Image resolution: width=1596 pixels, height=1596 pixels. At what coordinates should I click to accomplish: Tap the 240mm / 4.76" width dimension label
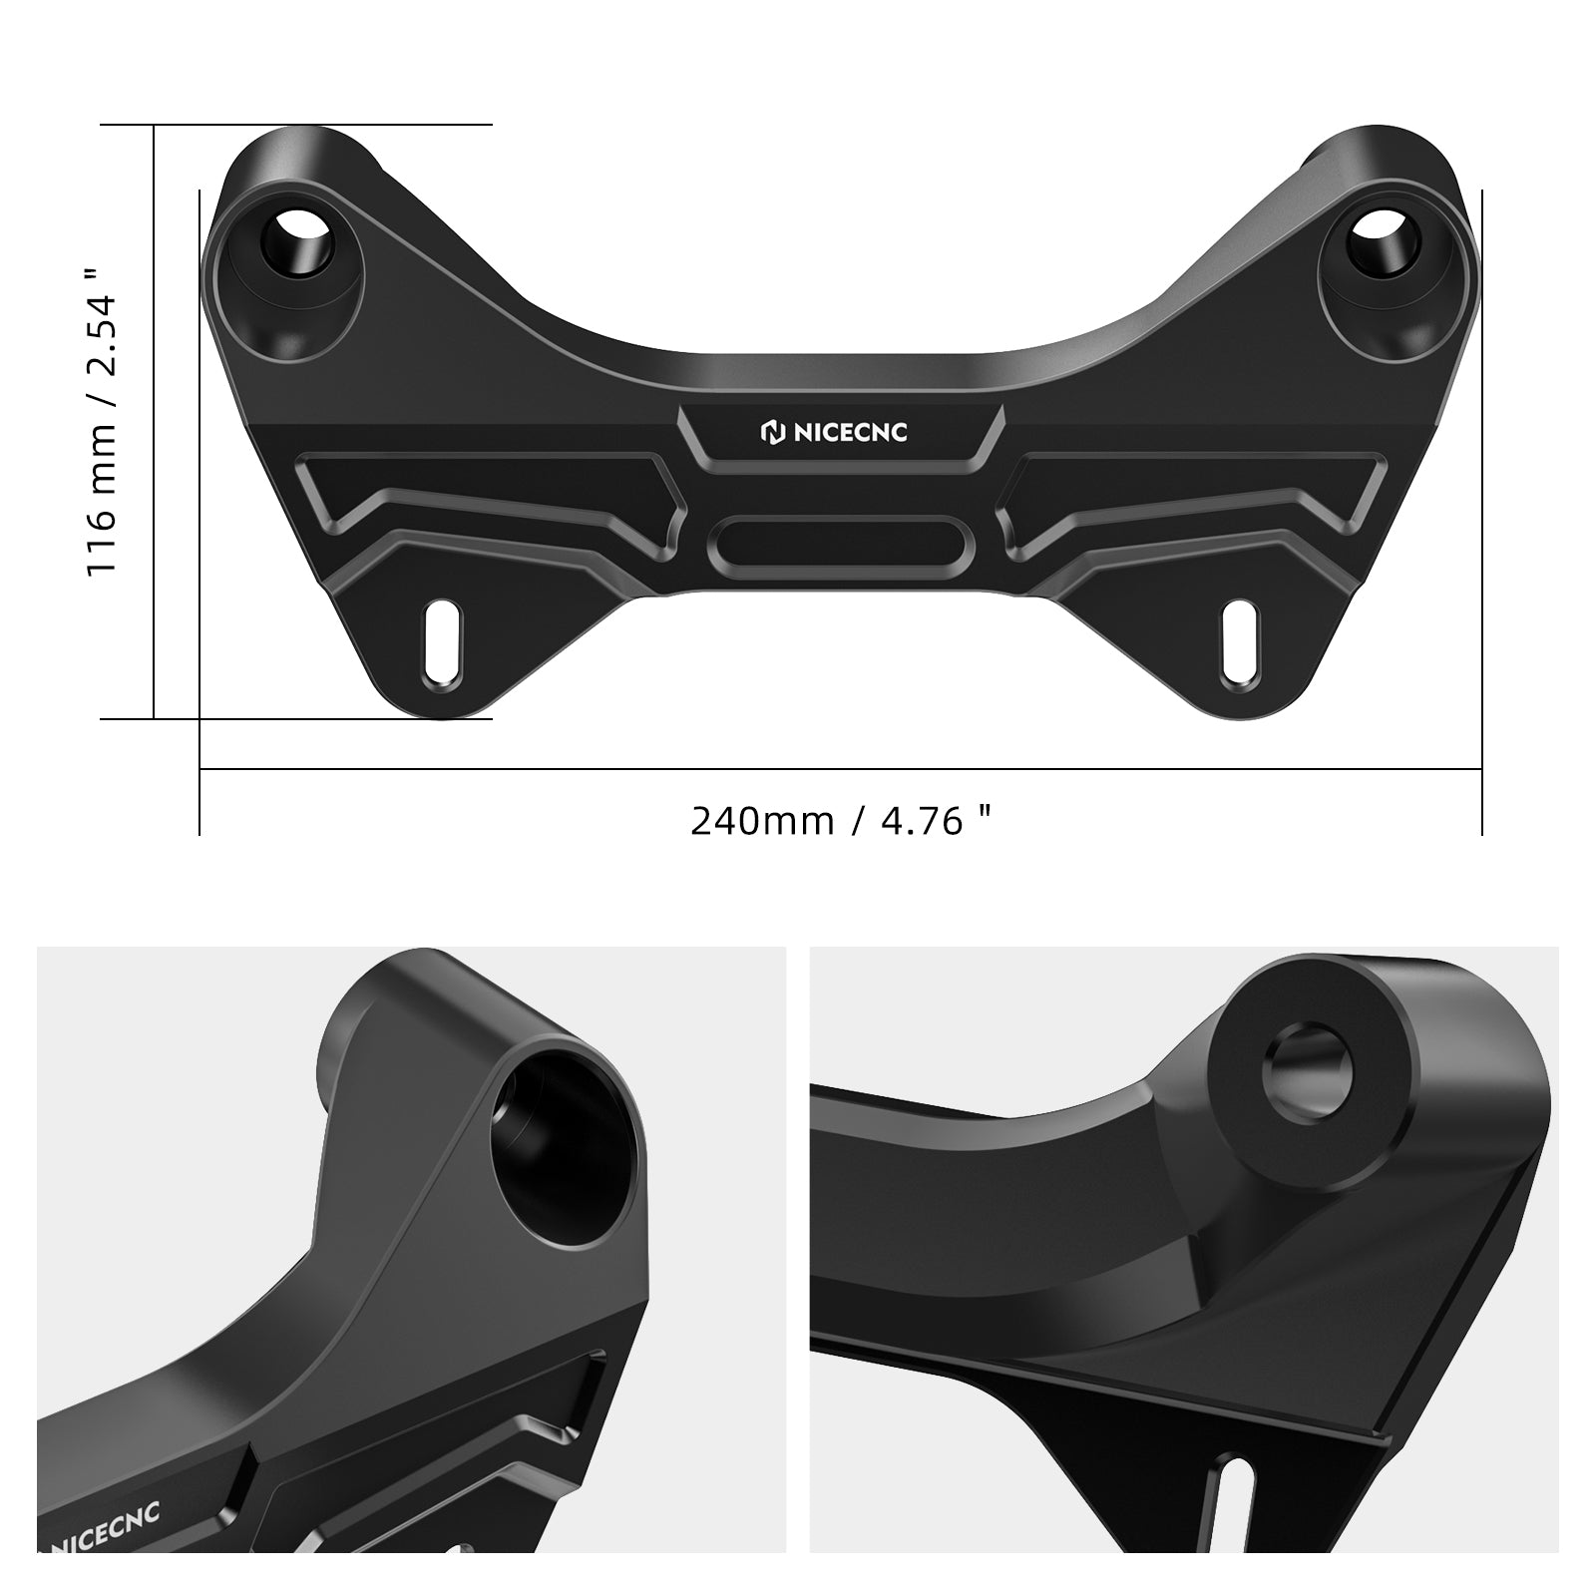pos(841,821)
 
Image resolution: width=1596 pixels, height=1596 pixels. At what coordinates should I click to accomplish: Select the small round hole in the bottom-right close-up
pos(1310,1074)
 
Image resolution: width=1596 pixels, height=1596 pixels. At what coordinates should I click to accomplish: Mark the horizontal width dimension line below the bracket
pos(841,769)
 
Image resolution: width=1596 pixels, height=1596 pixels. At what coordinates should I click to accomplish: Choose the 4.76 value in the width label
pos(923,821)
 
